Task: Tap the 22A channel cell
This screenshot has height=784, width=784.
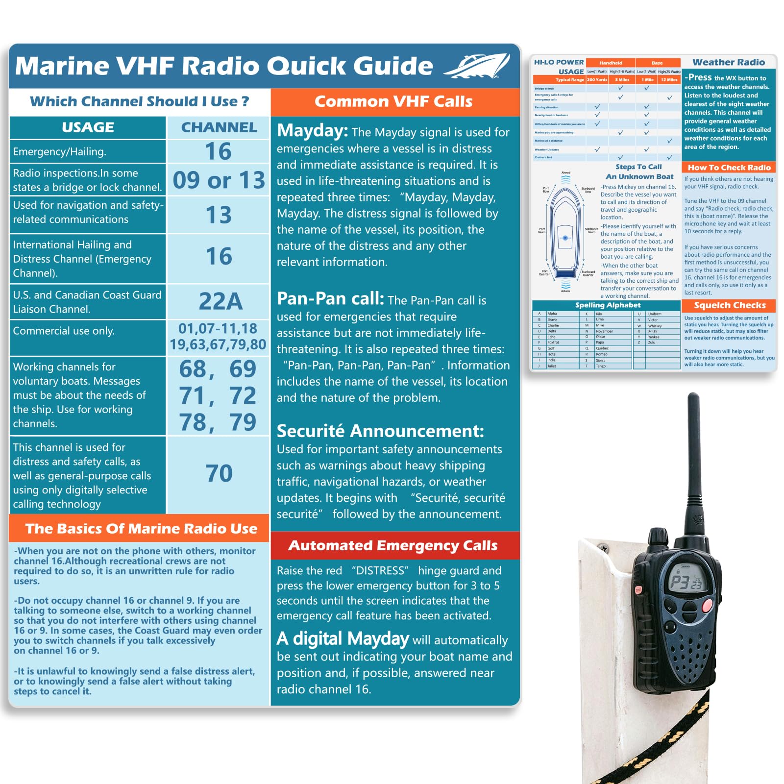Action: pos(220,301)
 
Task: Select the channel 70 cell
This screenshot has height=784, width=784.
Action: pos(219,473)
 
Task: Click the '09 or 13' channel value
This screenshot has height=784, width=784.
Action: pos(219,180)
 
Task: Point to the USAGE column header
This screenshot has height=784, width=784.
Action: pos(88,127)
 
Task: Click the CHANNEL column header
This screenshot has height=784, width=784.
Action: pos(219,127)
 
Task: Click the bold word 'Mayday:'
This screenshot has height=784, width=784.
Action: pos(312,131)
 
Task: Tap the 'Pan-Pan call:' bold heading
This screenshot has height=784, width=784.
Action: pos(330,298)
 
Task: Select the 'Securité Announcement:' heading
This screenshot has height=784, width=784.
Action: pos(380,431)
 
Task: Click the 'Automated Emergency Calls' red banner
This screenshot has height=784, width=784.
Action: pos(393,545)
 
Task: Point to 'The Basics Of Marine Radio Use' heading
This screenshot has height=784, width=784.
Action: pos(141,528)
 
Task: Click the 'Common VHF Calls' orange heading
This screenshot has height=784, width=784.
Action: pos(393,101)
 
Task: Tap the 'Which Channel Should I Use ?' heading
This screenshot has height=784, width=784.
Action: pos(140,101)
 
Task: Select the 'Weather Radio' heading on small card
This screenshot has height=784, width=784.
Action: pos(729,62)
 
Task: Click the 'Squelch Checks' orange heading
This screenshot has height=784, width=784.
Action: pos(730,305)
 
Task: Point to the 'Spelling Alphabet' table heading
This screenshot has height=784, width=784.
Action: pos(608,305)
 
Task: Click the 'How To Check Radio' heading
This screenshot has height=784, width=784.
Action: pos(729,168)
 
